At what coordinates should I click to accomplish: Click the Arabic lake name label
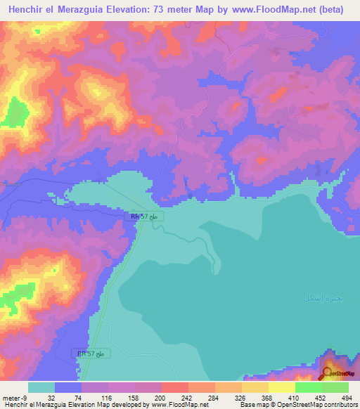click(x=323, y=299)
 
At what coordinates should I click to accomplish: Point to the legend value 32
click(x=51, y=397)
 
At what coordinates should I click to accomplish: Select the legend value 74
click(x=78, y=397)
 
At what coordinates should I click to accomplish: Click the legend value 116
click(x=108, y=397)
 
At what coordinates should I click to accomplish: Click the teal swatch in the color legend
click(x=41, y=387)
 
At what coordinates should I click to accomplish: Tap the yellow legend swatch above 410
click(x=281, y=387)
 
